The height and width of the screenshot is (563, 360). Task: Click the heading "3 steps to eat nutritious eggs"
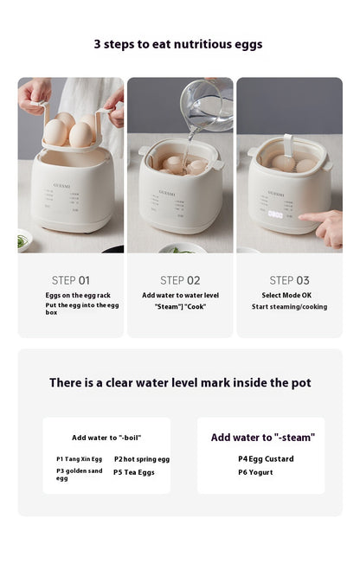(178, 44)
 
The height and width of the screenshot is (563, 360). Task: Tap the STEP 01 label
(71, 280)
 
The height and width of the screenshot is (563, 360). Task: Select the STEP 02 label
(180, 280)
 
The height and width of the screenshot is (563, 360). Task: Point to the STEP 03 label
(289, 280)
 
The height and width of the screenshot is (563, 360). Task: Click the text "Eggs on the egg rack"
(78, 296)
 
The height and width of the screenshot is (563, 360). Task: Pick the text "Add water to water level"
(180, 296)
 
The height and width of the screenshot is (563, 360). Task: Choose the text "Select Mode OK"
(286, 295)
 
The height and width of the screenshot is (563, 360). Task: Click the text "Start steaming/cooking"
(290, 307)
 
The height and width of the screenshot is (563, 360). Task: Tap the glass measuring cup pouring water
(207, 105)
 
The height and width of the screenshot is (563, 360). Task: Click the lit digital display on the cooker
(275, 214)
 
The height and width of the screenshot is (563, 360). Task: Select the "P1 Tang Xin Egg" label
(79, 459)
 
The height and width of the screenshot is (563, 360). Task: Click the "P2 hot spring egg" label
(142, 459)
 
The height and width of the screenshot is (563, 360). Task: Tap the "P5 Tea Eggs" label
(134, 472)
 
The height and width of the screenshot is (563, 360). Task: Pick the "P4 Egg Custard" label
(266, 459)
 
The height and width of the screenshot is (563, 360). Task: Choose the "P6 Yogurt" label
(255, 472)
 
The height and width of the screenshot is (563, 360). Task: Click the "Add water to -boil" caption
(106, 438)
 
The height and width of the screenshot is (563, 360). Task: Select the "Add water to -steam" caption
(263, 438)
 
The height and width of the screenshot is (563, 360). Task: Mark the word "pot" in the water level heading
(301, 383)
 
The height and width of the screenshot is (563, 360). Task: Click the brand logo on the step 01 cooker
(61, 186)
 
